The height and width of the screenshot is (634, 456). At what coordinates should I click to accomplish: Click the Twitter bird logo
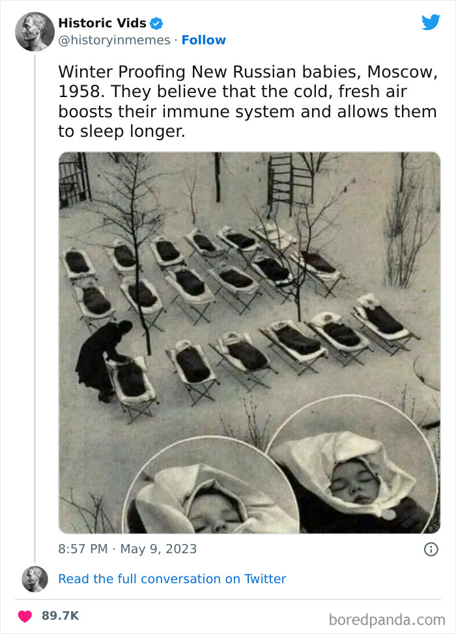coord(431,22)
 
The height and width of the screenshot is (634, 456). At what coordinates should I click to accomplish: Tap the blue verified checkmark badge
coord(156,23)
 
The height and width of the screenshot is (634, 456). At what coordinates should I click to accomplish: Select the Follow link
coord(203,40)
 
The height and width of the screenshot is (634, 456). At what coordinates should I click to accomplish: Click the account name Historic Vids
coord(102,23)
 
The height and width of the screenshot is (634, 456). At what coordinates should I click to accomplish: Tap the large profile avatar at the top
coord(35,31)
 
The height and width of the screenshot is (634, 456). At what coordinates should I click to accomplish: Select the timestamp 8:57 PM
coord(83,549)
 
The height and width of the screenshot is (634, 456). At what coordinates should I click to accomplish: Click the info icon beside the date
coord(431,549)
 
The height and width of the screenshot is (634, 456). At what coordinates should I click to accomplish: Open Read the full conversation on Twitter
coord(172,579)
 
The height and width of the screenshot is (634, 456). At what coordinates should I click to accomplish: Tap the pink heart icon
coord(25,616)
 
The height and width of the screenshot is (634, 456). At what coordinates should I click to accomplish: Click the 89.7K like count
coord(59,616)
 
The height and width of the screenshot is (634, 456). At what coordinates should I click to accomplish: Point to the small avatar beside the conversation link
coord(35,579)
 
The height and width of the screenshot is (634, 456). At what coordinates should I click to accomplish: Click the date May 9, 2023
coord(159,549)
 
